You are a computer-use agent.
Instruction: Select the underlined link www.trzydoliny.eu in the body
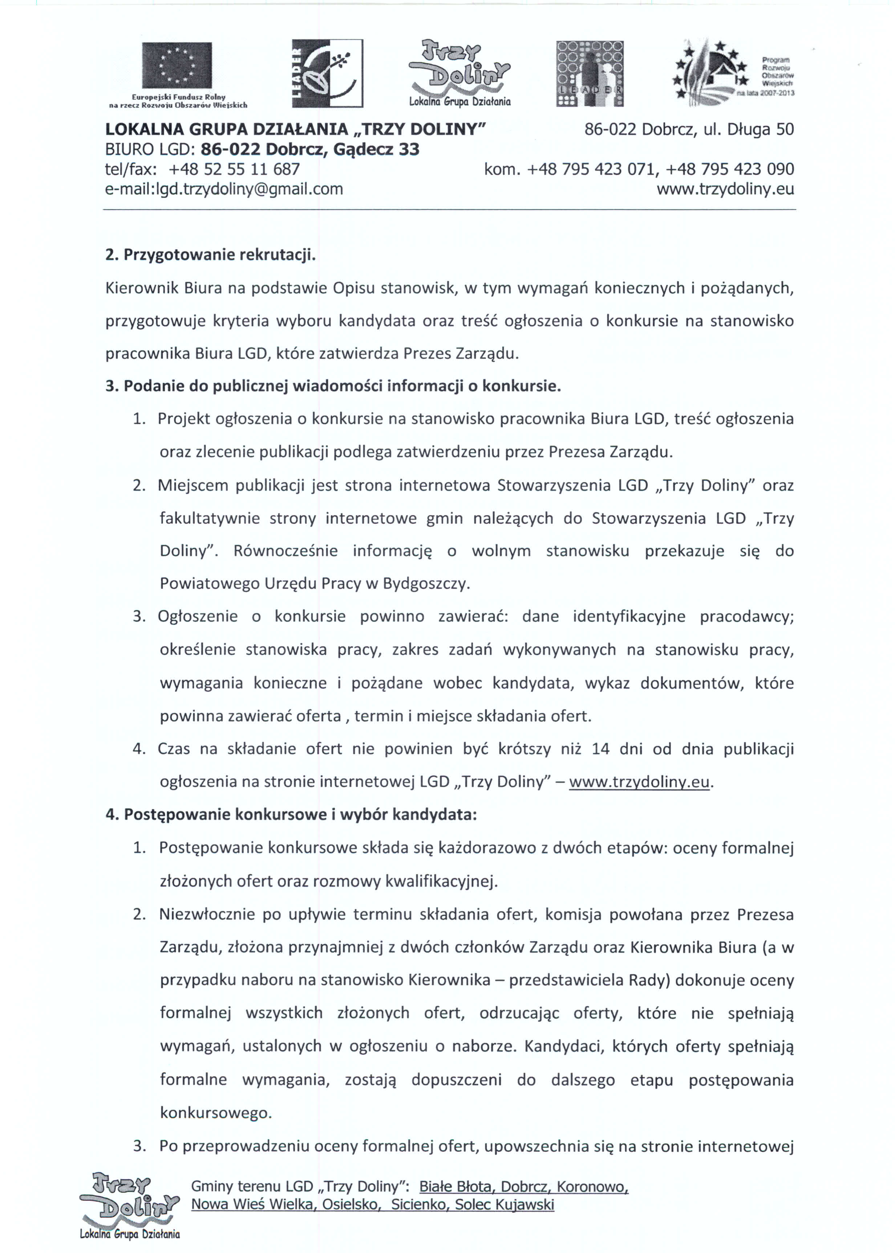(639, 782)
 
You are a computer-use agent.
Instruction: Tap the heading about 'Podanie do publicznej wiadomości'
(333, 386)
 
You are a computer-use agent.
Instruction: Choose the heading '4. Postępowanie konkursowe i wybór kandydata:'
(291, 814)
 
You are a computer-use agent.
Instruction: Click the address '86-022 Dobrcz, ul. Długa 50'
(689, 129)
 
